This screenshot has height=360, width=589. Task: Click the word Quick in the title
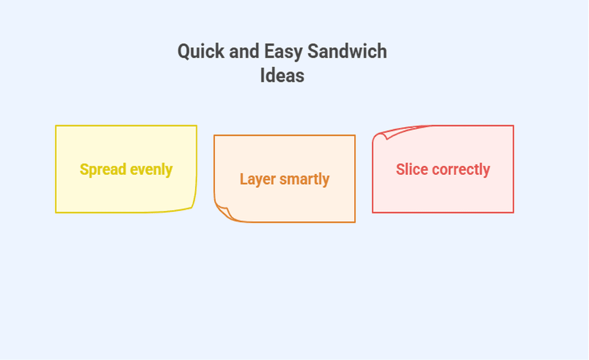(201, 52)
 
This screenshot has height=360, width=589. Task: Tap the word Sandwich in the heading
(347, 51)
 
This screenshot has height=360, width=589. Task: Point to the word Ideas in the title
(282, 76)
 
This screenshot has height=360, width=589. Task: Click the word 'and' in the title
(244, 51)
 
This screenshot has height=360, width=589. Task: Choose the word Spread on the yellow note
(103, 170)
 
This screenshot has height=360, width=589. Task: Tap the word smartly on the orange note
(305, 179)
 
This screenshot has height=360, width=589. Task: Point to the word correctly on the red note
(461, 170)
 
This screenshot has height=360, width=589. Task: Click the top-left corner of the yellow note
(56, 126)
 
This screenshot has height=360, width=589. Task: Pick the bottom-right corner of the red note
(513, 212)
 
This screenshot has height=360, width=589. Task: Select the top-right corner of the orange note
(355, 136)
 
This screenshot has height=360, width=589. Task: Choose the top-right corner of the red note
(513, 126)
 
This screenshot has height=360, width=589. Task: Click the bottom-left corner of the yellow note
(56, 212)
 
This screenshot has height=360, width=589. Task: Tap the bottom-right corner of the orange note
(355, 222)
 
